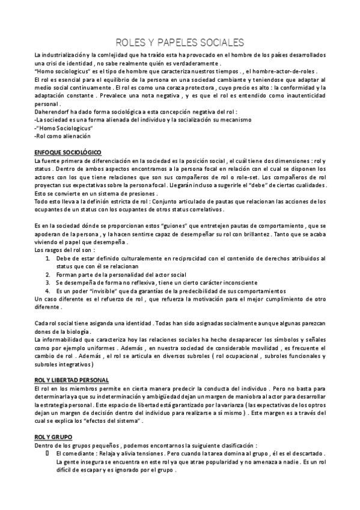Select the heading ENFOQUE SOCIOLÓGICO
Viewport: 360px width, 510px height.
[68, 153]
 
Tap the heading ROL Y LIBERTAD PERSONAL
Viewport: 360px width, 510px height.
[72, 380]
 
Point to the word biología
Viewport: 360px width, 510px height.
[78, 332]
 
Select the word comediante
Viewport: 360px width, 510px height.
[79, 453]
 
